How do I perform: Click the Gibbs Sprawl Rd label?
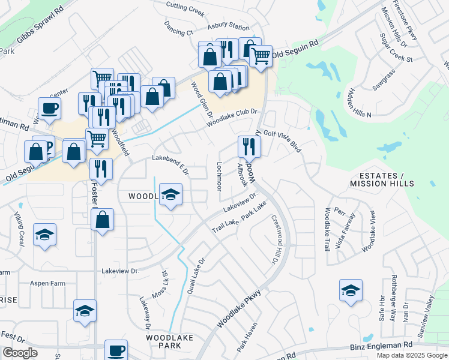(40, 28)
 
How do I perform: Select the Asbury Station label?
(228, 28)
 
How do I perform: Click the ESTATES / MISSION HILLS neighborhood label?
(382, 179)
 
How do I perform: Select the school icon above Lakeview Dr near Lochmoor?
(171, 194)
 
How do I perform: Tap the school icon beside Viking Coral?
(44, 235)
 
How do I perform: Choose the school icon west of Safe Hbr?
(351, 291)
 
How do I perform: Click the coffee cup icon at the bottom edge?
(116, 350)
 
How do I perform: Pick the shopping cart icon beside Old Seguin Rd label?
(260, 56)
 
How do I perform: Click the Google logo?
(20, 353)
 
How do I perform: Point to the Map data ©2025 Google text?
(412, 355)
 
